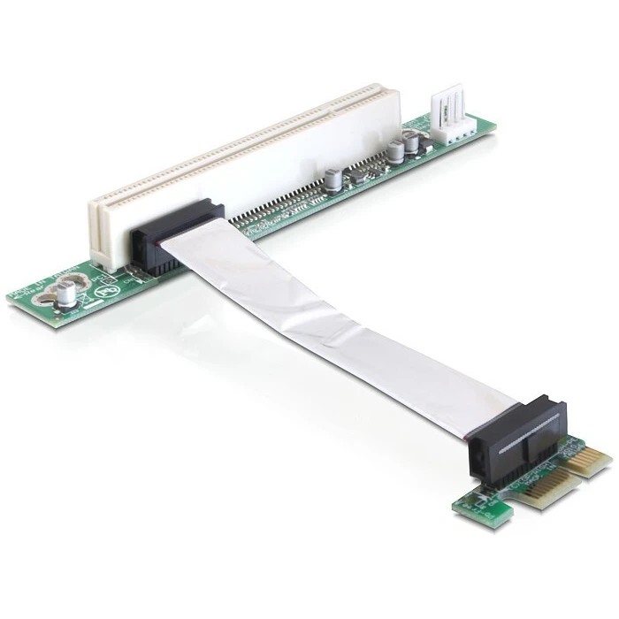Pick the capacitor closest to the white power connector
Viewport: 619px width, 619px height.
click(x=411, y=142)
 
